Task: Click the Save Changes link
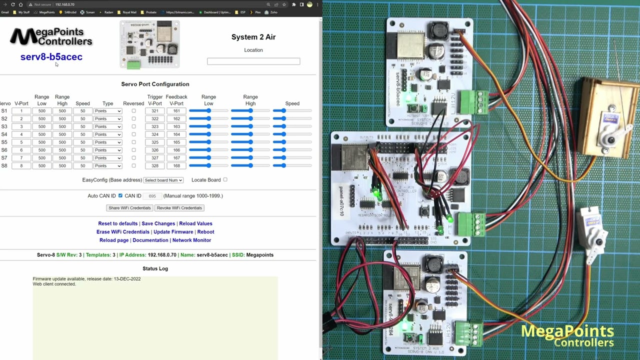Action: (158, 223)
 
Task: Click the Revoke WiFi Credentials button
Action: (179, 208)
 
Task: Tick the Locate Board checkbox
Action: (225, 179)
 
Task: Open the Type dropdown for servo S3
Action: (107, 126)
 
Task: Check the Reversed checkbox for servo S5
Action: (133, 142)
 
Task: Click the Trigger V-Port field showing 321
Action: (155, 111)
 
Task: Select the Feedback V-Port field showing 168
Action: (176, 165)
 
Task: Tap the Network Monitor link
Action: (191, 240)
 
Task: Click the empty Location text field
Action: (253, 61)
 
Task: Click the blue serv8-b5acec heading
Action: (51, 57)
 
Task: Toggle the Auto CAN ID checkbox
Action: (120, 196)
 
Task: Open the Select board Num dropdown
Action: (163, 180)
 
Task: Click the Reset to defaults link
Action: (117, 223)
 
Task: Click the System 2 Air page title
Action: (253, 37)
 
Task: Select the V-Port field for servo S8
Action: (21, 165)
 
